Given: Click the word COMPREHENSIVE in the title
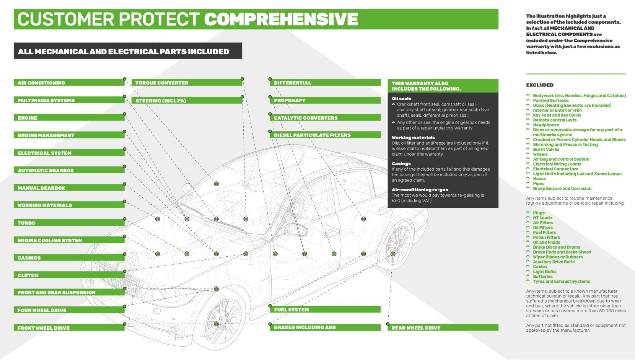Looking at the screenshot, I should coord(281,19).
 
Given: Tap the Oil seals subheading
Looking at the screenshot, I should coord(401,99).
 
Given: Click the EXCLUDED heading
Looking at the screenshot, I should coord(539,85).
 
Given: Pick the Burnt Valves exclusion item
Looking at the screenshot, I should coord(546,149).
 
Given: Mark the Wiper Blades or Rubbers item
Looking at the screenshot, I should coord(558,257).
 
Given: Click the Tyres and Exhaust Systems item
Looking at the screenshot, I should coord(561,282).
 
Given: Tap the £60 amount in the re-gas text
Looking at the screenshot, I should coord(397,200).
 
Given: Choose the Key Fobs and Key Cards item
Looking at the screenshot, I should coord(557,115).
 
